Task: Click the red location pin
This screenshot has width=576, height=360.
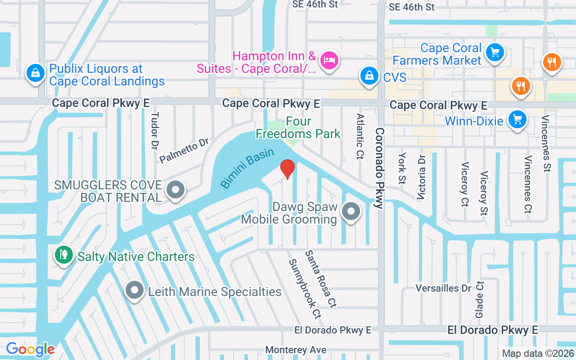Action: (287, 169)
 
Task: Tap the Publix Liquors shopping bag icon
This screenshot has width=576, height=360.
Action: (35, 72)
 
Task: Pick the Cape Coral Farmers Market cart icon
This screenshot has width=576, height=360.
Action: (495, 53)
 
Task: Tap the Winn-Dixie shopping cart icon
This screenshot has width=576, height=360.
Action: (517, 120)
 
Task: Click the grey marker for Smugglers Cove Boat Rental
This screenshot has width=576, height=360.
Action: (175, 190)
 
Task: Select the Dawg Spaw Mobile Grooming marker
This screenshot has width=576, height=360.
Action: (351, 211)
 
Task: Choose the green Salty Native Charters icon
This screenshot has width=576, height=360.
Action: (63, 255)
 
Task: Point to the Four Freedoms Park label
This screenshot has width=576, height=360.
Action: (298, 128)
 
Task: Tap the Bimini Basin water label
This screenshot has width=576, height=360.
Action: (247, 168)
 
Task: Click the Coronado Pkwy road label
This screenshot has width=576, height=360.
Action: (379, 168)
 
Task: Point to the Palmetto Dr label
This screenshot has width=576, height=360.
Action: (184, 151)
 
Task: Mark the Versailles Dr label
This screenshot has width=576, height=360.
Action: (443, 288)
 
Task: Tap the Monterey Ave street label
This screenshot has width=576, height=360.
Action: (295, 350)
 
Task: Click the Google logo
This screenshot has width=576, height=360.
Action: (30, 349)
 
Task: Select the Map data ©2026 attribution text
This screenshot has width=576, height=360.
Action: (537, 353)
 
